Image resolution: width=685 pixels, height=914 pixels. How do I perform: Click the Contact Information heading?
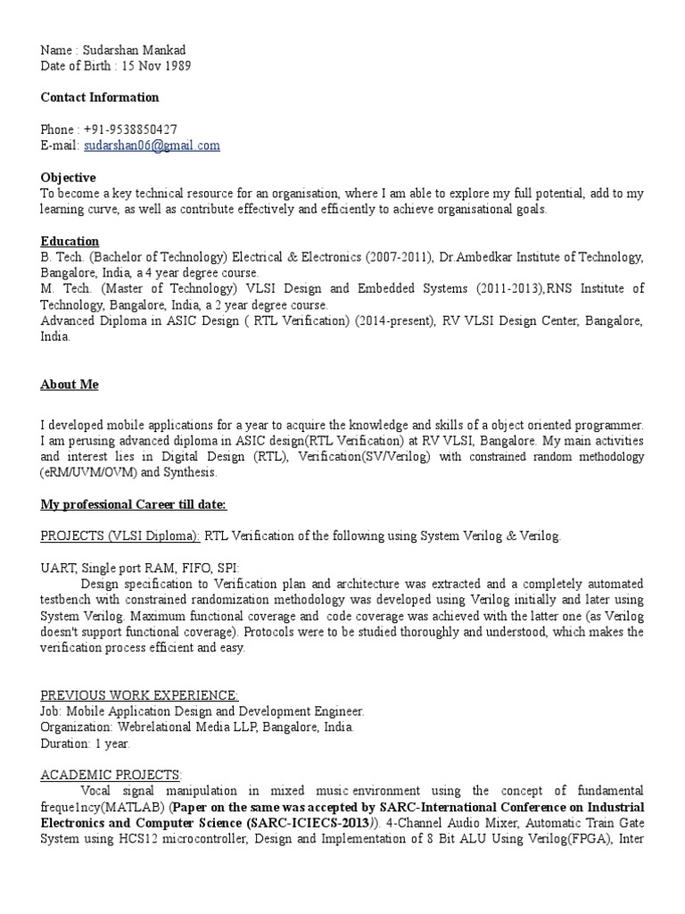pyautogui.click(x=100, y=97)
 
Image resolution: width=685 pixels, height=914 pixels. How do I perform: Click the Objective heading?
pyautogui.click(x=69, y=178)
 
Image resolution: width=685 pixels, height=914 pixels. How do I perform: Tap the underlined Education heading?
pyautogui.click(x=70, y=242)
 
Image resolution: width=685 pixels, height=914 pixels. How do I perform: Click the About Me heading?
pyautogui.click(x=70, y=385)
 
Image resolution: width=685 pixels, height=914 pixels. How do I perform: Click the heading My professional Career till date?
pyautogui.click(x=134, y=505)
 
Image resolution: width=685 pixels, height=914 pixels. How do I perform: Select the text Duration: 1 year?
pyautogui.click(x=86, y=743)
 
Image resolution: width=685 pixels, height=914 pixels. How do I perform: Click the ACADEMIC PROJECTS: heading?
pyautogui.click(x=111, y=775)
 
